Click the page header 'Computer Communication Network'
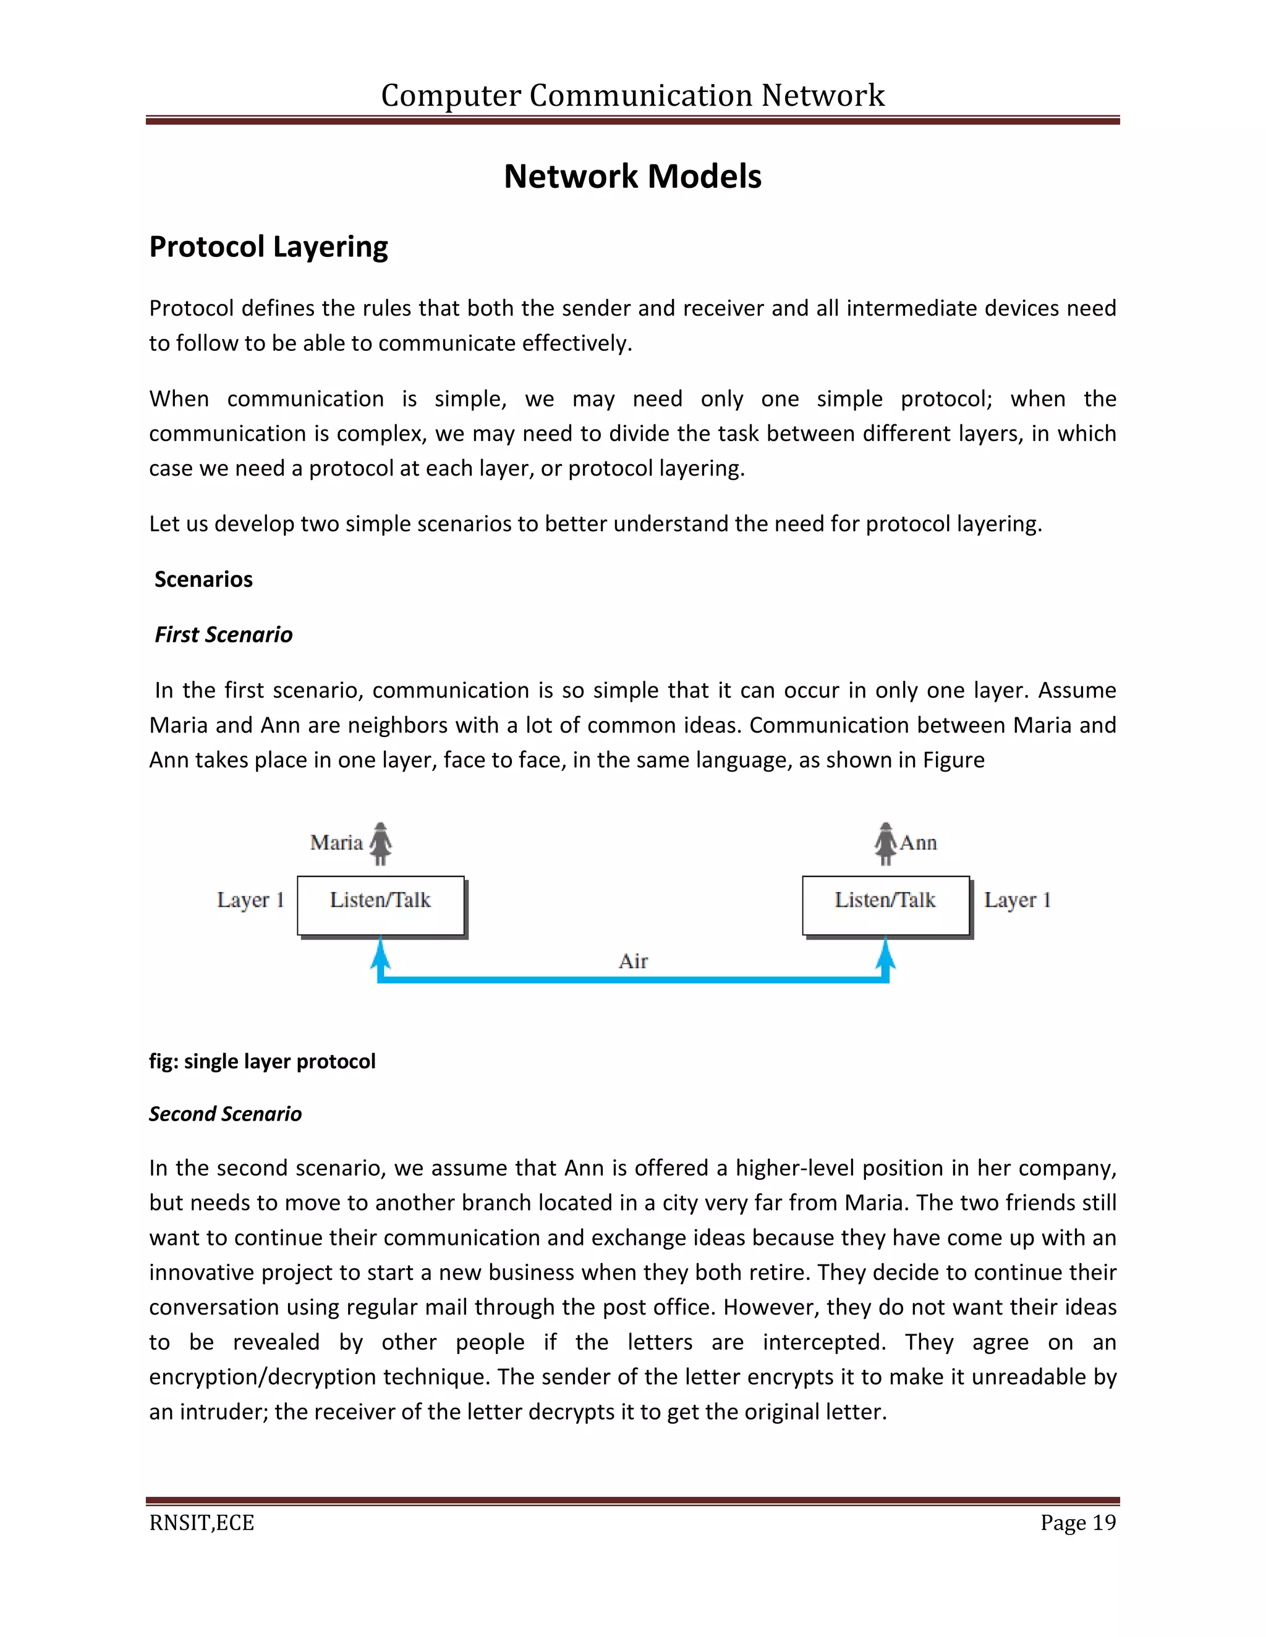click(632, 95)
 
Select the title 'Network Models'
click(632, 177)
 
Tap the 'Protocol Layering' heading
click(268, 246)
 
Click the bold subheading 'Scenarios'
click(203, 579)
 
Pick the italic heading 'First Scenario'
click(224, 635)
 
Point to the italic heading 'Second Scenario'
click(225, 1114)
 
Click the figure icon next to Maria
click(381, 844)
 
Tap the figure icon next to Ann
click(886, 844)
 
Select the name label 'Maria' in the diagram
click(337, 843)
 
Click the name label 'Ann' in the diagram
click(919, 843)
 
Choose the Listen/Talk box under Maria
click(381, 906)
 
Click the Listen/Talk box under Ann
click(886, 906)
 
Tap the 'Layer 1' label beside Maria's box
click(250, 900)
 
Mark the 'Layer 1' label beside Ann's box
click(1017, 900)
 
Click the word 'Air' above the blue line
click(633, 962)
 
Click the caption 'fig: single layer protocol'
click(261, 1061)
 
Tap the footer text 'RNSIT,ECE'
click(202, 1523)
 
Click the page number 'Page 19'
click(1077, 1523)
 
